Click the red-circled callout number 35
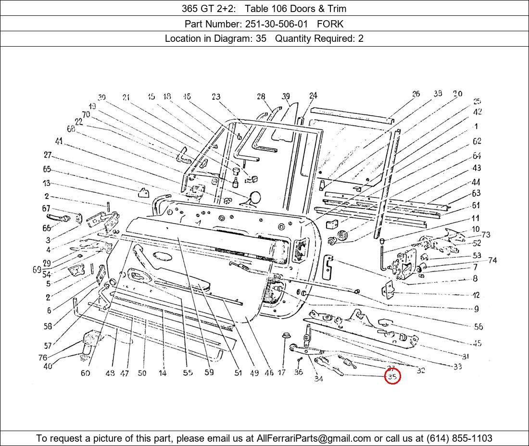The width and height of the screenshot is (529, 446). tap(392, 377)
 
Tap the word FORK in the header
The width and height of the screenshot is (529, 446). tap(330, 24)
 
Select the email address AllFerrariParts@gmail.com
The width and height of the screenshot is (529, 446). tap(314, 438)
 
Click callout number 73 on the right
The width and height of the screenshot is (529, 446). tap(486, 235)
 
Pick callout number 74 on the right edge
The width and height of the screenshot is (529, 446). tap(492, 260)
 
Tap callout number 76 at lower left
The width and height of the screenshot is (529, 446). tap(43, 358)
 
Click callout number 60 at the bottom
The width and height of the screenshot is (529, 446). tap(85, 373)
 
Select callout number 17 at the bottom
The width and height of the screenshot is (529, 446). tap(281, 372)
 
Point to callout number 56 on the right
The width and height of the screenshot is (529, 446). tap(478, 327)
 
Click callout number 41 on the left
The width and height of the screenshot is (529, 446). tap(59, 141)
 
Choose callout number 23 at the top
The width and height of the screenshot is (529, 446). tap(215, 97)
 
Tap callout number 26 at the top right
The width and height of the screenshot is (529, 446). tap(416, 94)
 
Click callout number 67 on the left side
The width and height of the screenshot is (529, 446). tap(46, 209)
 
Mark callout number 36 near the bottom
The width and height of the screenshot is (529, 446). tap(298, 372)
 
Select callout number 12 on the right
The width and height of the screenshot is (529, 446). tap(476, 295)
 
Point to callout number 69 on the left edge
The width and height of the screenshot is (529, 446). tap(37, 270)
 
